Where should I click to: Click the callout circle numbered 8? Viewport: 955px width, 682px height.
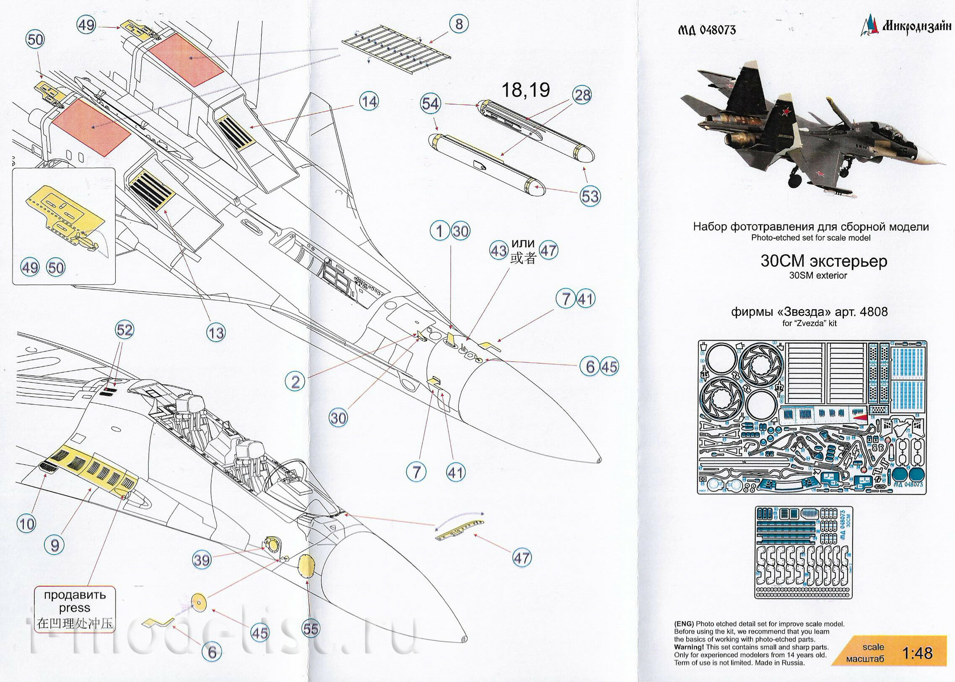click(459, 24)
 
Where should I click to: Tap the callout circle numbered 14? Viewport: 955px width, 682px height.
click(369, 102)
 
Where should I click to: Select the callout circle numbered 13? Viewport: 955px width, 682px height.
click(215, 333)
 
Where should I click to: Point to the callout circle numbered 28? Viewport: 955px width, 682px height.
click(582, 96)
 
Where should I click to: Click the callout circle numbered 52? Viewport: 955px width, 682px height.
click(125, 330)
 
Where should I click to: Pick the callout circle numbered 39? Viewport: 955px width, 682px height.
click(202, 560)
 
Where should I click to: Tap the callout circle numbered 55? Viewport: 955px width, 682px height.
click(311, 629)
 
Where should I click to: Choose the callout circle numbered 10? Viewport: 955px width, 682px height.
click(26, 524)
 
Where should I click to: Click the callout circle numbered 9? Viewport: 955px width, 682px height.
click(54, 545)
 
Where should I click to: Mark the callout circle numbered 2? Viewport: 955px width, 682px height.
click(296, 382)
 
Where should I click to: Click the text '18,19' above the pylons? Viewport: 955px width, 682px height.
click(526, 90)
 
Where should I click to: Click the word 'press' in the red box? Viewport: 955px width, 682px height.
click(74, 608)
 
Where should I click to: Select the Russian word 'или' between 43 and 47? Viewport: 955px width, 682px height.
click(523, 243)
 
